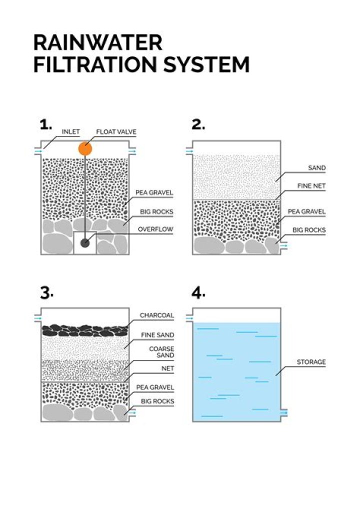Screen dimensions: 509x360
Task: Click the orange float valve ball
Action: point(85,148)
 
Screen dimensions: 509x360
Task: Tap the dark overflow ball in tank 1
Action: point(85,242)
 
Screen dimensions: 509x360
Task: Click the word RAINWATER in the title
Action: point(97,42)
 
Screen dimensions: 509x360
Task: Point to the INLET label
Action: point(70,131)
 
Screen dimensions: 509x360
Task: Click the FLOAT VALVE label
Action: point(116,131)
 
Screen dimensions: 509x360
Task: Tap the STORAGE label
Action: point(311,361)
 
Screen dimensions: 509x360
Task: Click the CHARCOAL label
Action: point(156,315)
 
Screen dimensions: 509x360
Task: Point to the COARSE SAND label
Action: point(161,352)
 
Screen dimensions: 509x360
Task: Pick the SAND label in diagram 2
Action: point(317,168)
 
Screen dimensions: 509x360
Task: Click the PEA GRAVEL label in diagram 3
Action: point(155,387)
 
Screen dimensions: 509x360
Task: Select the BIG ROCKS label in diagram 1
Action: point(157,211)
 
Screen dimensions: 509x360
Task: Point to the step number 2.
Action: point(198,124)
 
